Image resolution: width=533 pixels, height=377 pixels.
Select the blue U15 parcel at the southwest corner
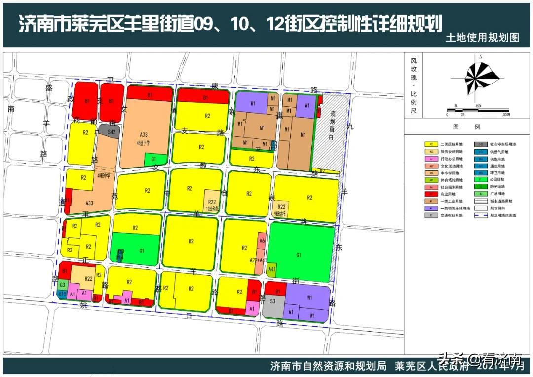tap(63, 294)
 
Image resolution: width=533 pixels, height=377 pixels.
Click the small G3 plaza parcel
tap(63, 285)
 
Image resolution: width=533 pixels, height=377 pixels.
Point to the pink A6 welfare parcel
tap(262, 240)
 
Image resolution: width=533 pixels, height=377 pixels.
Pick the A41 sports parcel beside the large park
tap(271, 270)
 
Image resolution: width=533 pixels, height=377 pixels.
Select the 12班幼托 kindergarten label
tap(213, 208)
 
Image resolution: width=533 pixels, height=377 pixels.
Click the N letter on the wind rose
tap(480, 57)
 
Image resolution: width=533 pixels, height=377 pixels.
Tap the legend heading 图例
tap(466, 127)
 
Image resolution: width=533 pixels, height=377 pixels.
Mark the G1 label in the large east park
tap(299, 255)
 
